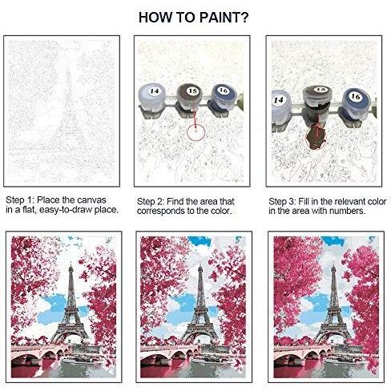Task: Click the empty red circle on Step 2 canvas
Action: coord(195,131)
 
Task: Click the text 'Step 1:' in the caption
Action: coord(20,200)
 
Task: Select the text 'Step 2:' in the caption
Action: coord(151,201)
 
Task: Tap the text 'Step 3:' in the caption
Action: coord(282,201)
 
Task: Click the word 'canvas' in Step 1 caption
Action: coord(92,200)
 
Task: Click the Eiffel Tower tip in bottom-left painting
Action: coord(71,264)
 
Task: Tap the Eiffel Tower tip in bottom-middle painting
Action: coord(200,264)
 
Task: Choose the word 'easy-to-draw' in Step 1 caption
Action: coord(66,210)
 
